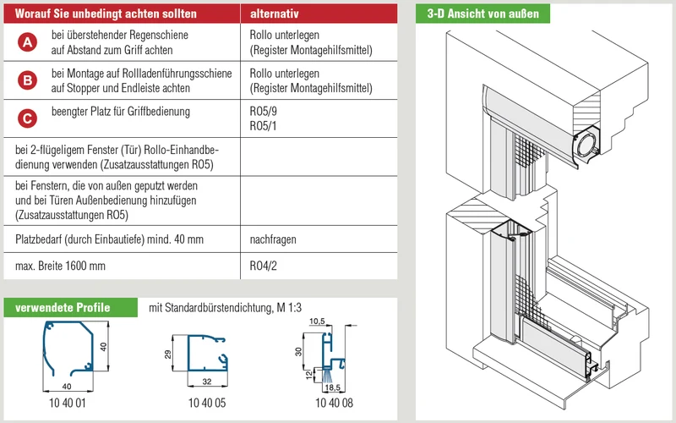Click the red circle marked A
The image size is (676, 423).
point(27,42)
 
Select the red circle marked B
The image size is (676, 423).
point(27,80)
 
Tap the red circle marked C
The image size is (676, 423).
point(27,118)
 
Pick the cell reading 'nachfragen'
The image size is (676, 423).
point(273,239)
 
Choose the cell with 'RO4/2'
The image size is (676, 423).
point(263,266)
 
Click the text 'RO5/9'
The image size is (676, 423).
point(263,112)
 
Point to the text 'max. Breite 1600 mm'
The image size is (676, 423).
point(60,266)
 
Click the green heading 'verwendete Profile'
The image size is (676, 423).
point(63,308)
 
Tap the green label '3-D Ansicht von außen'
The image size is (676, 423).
point(482,14)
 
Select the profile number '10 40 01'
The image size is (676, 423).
point(68,404)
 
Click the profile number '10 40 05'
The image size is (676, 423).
point(207,404)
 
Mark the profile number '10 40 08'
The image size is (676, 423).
point(334,404)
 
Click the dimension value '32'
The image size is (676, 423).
point(207,382)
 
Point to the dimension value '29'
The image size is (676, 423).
point(167,354)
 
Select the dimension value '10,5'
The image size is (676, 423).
point(317,321)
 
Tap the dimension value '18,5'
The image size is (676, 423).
point(332,387)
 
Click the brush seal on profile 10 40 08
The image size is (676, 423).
point(327,375)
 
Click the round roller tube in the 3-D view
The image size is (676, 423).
point(586,145)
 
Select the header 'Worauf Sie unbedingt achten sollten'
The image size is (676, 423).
point(106,14)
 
